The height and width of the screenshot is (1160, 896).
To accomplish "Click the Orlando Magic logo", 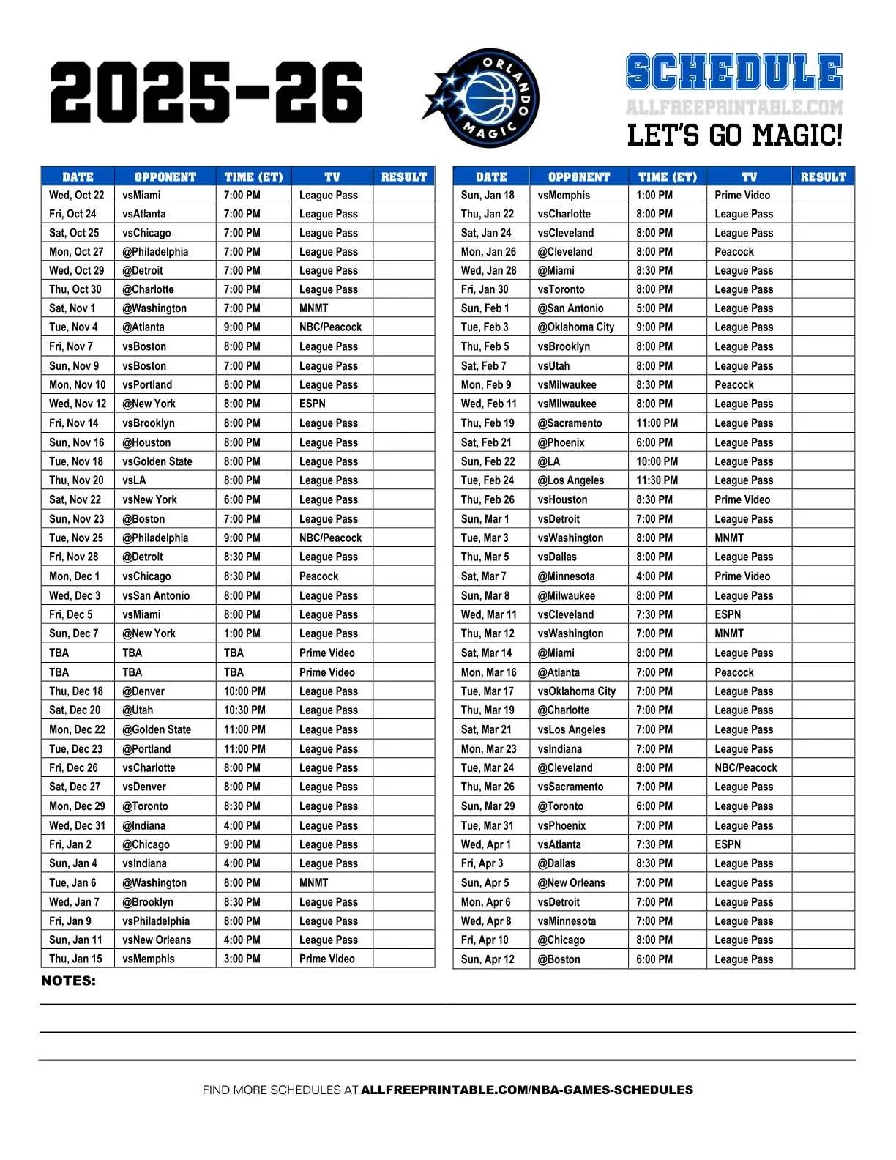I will tap(482, 97).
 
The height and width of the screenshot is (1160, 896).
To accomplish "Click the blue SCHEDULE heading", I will tap(734, 72).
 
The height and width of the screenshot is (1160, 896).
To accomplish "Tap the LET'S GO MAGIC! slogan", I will tap(734, 135).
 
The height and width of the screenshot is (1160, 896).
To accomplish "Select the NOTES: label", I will tap(68, 981).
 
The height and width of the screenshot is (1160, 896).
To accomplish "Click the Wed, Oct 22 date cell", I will tap(77, 196).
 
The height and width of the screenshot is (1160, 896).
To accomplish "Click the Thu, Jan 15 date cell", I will tap(76, 959).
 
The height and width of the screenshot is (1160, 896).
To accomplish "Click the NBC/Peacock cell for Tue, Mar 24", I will tap(746, 768).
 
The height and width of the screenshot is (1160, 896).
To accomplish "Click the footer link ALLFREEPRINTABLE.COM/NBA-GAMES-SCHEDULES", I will tap(527, 1090).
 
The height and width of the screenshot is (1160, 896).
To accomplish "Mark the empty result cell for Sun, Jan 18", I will tap(823, 196).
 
